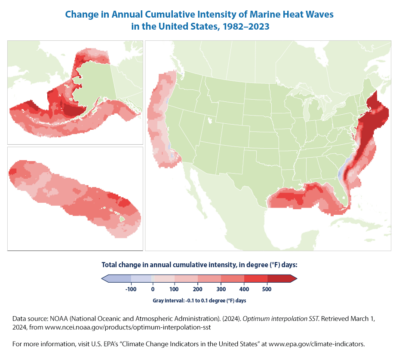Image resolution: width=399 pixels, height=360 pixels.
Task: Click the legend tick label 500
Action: point(267,290)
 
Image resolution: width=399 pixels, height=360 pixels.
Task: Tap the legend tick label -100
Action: point(130,290)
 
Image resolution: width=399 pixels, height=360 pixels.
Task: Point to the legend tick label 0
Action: point(153,290)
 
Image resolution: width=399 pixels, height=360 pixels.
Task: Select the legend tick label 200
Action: point(199,290)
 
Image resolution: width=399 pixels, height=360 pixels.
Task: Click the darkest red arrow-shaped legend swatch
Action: point(282,279)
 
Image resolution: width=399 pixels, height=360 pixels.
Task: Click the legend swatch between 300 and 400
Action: point(233,279)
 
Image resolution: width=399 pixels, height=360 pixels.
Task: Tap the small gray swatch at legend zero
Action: point(153,279)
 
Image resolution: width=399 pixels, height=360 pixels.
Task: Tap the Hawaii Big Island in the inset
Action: point(123,219)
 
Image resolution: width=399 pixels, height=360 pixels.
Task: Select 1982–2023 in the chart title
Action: point(243,26)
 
